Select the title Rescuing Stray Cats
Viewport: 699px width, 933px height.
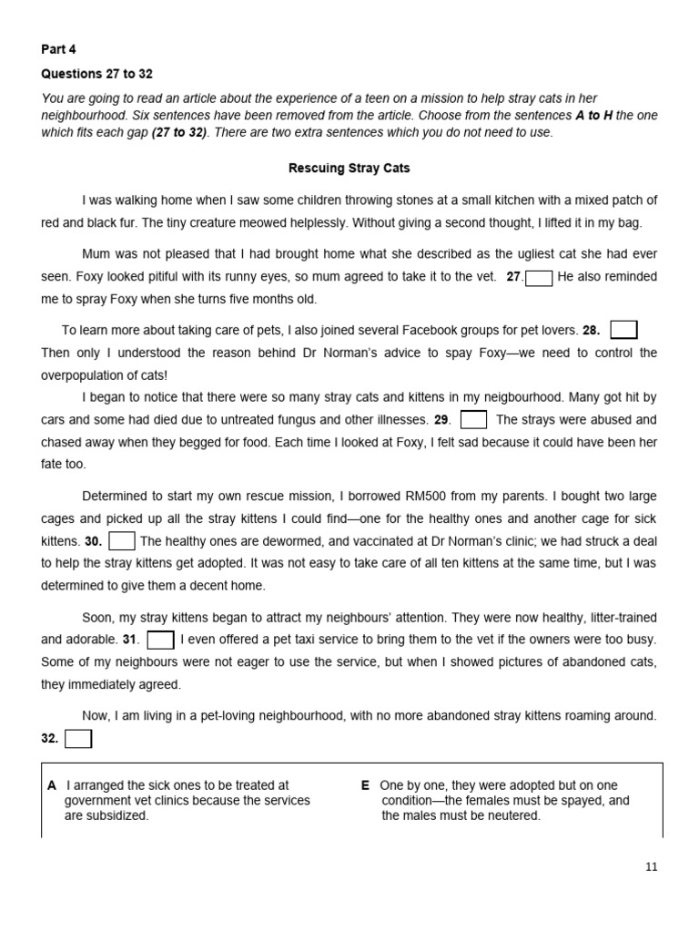click(x=349, y=169)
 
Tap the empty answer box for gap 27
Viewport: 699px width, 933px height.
click(x=539, y=278)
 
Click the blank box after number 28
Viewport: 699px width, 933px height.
click(x=623, y=330)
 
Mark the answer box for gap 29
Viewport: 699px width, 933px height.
click(x=473, y=420)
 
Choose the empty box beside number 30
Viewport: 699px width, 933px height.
click(x=122, y=541)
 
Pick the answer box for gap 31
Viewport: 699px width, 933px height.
click(x=160, y=640)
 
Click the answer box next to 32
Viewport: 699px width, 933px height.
click(x=78, y=739)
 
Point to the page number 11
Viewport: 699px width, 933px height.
click(x=651, y=866)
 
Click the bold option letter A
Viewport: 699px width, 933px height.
click(x=52, y=785)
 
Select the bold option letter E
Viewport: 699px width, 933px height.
click(x=365, y=785)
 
